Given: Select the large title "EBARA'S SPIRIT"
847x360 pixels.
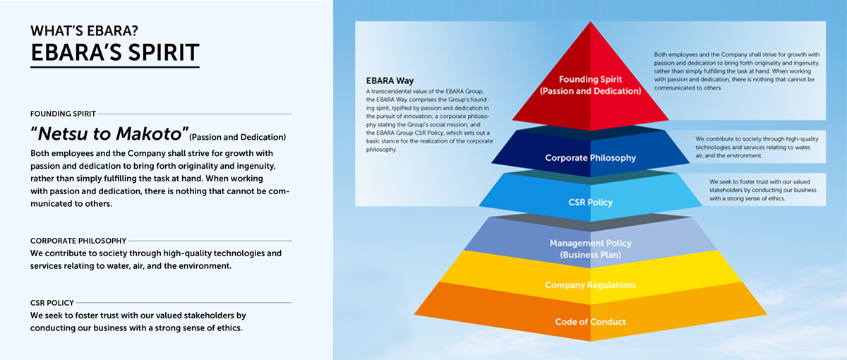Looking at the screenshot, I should pyautogui.click(x=114, y=52).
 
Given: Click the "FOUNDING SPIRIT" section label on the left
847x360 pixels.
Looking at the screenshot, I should pyautogui.click(x=63, y=113).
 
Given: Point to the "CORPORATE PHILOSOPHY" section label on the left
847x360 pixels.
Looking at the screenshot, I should pyautogui.click(x=78, y=241).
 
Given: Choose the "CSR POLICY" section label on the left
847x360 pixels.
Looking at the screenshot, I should pyautogui.click(x=52, y=302).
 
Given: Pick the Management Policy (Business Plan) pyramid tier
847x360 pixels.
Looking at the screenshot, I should pyautogui.click(x=590, y=244).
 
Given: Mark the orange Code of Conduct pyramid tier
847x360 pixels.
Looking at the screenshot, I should pyautogui.click(x=590, y=318).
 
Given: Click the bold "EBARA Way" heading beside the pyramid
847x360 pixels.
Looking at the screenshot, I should pyautogui.click(x=389, y=80).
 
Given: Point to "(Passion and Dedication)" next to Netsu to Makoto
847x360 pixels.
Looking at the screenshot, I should pyautogui.click(x=238, y=136).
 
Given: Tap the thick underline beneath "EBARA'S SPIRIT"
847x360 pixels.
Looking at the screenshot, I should pyautogui.click(x=114, y=68).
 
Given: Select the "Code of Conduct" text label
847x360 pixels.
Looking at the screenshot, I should pyautogui.click(x=590, y=322).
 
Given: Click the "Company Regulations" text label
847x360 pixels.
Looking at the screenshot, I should pyautogui.click(x=590, y=285).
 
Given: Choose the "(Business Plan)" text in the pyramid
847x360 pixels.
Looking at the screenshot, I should pyautogui.click(x=590, y=254).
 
